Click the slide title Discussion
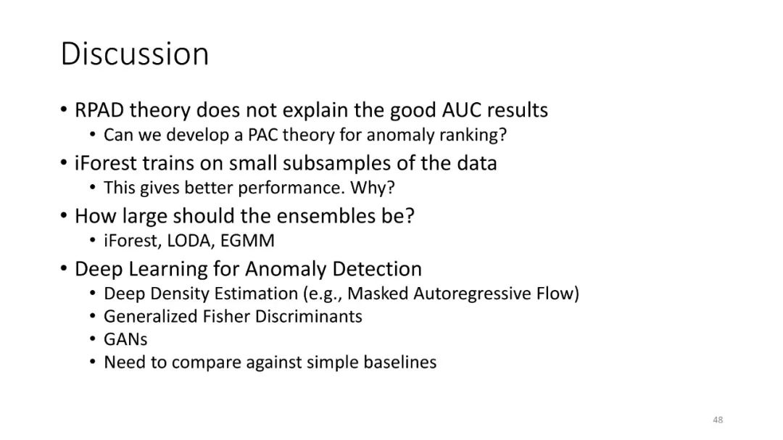(135, 54)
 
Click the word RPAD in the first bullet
(99, 110)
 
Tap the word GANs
(125, 340)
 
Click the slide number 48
(718, 420)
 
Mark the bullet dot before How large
(63, 215)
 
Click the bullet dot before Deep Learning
(63, 268)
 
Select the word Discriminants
(309, 316)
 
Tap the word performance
(291, 188)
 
